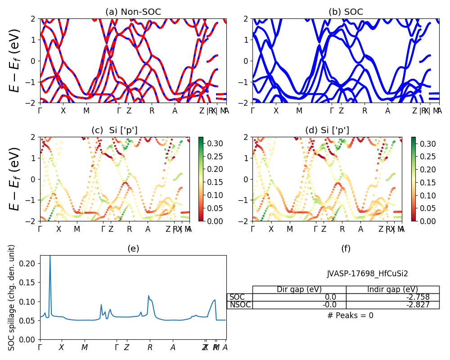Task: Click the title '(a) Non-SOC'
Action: pos(133,12)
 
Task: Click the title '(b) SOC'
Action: pos(346,12)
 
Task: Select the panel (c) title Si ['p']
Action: pos(114,130)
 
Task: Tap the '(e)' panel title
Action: pos(133,248)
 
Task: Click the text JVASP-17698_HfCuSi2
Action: pos(367,274)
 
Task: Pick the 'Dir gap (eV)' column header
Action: pos(299,289)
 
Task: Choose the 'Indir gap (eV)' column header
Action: pos(392,289)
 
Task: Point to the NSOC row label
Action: pos(240,305)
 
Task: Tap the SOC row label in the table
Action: pos(237,297)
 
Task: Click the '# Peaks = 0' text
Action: pos(350,315)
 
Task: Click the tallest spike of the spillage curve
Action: pos(50,256)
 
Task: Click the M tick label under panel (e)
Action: pos(85,347)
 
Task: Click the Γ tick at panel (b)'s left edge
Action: pos(253,111)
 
